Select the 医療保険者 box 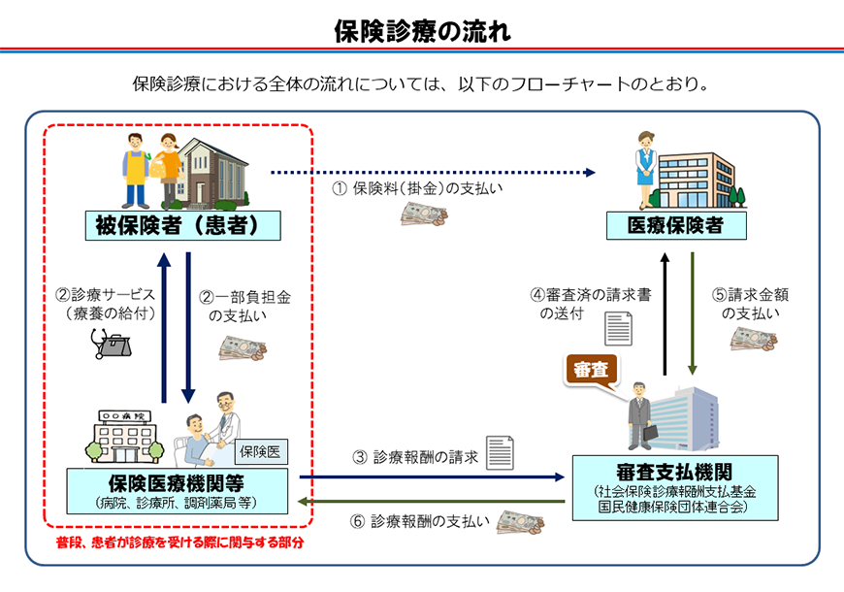click(x=677, y=227)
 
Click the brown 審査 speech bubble click(x=590, y=369)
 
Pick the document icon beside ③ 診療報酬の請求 click(x=500, y=452)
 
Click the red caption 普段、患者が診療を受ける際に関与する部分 click(x=179, y=543)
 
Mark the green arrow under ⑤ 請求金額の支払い click(x=694, y=313)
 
